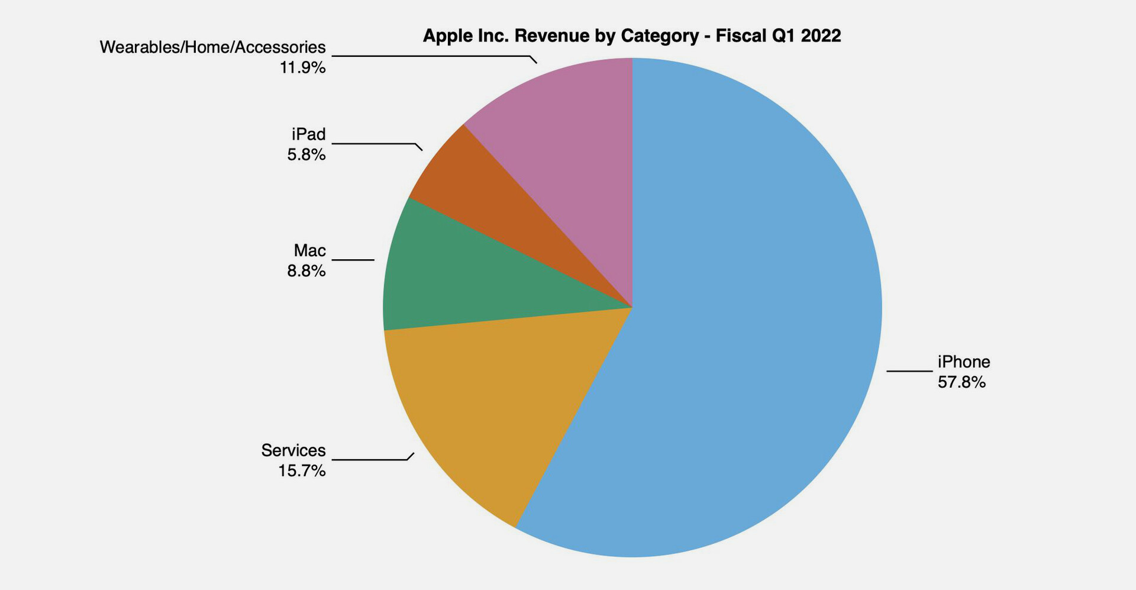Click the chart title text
(x=632, y=36)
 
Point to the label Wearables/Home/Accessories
(x=212, y=47)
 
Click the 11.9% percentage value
(x=302, y=68)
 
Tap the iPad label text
(x=308, y=134)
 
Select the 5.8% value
(x=306, y=155)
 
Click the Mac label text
(x=309, y=250)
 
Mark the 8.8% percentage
(x=306, y=271)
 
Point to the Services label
(x=293, y=450)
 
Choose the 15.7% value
(x=302, y=471)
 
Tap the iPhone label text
(x=964, y=362)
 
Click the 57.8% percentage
(x=961, y=382)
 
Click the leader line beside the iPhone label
(x=909, y=371)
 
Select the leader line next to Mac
(x=353, y=259)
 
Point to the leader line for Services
(x=370, y=459)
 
